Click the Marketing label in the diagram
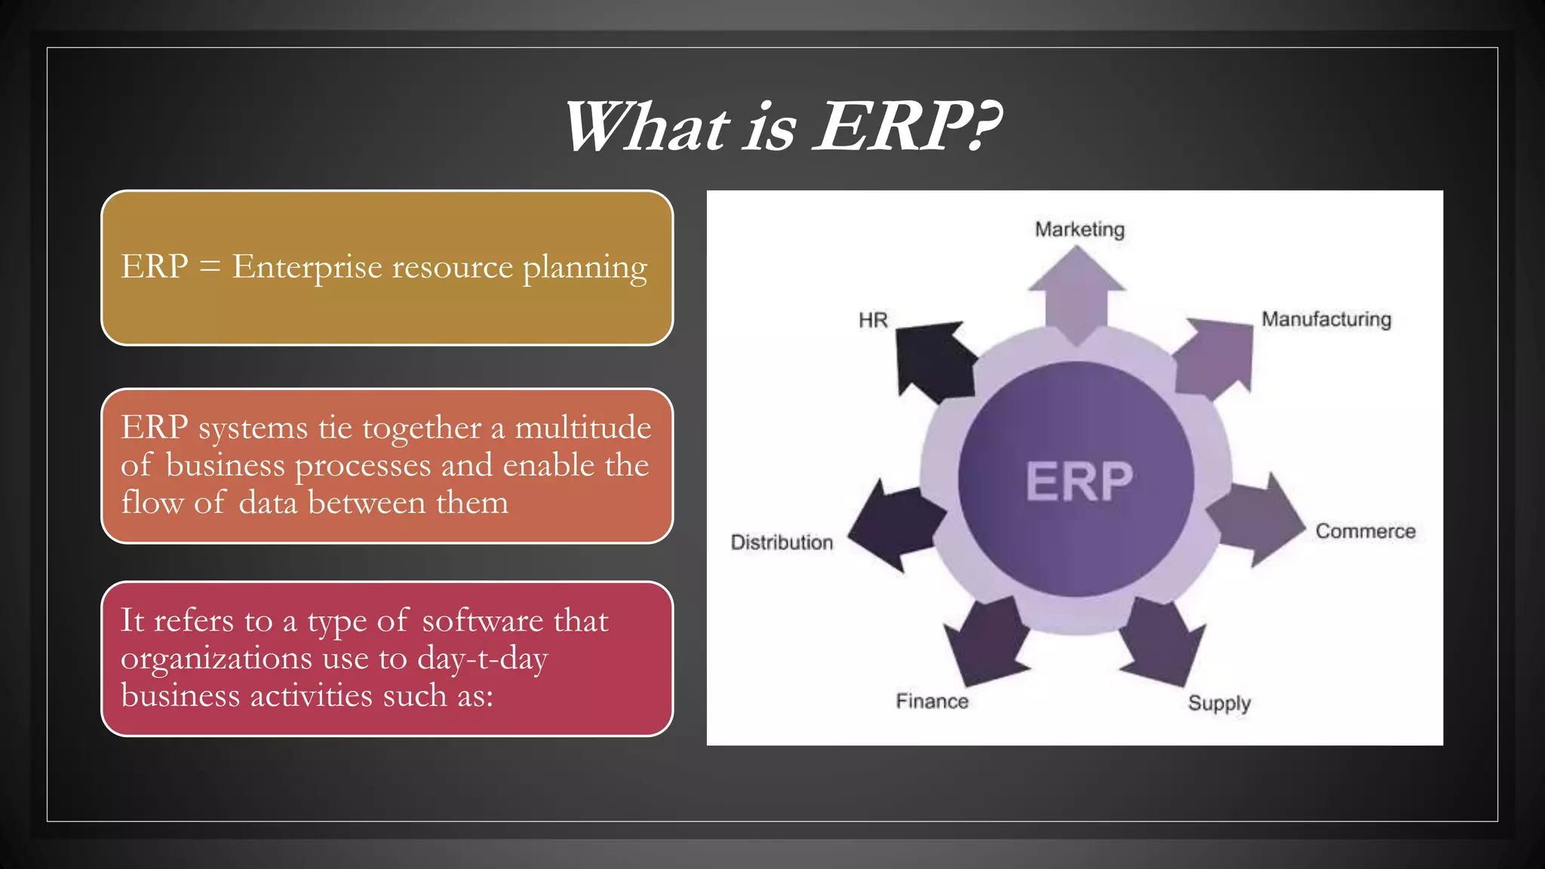pos(1079,229)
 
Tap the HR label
pos(873,321)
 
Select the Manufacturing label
pos(1326,319)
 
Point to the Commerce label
pos(1365,531)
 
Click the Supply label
pos(1219,703)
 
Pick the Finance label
pos(932,702)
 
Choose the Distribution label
pos(782,542)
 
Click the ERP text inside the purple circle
pos(1079,481)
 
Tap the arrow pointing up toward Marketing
pos(1077,294)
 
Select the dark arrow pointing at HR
pos(932,358)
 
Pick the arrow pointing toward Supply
pos(1162,641)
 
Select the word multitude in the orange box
pos(582,428)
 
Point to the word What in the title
pos(646,127)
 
